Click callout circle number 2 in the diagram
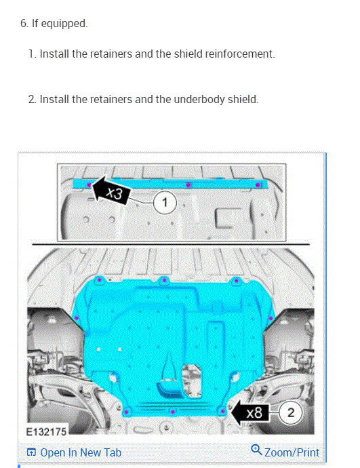coord(290,412)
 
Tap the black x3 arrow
coord(112,191)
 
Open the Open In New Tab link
coord(80,452)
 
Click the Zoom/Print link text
coord(291,452)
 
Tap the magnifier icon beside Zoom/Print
coord(256,451)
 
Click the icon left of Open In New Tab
coord(31,452)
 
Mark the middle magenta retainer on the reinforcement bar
coord(189,184)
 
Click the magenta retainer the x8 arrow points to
coord(223,410)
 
